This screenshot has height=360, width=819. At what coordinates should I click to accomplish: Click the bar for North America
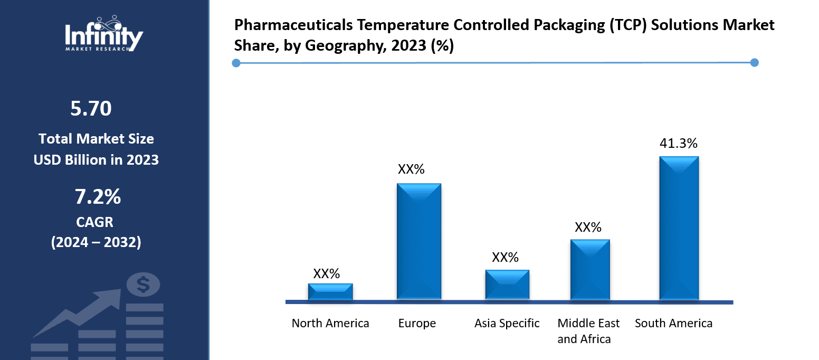click(330, 292)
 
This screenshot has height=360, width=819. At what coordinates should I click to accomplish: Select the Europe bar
click(418, 242)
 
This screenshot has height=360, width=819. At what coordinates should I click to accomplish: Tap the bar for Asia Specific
click(507, 285)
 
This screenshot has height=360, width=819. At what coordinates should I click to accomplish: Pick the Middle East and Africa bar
click(589, 270)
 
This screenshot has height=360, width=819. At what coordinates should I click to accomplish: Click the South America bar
click(679, 228)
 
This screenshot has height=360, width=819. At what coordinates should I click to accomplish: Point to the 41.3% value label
click(679, 144)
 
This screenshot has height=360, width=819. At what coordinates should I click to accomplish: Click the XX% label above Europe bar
click(411, 169)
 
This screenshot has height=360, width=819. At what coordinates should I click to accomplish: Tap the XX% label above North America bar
click(327, 273)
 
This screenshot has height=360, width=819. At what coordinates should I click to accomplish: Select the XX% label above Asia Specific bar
click(505, 257)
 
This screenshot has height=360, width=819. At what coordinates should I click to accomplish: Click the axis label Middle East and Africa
click(588, 331)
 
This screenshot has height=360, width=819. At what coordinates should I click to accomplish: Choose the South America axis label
click(673, 323)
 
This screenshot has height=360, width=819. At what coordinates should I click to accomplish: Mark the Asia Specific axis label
click(507, 323)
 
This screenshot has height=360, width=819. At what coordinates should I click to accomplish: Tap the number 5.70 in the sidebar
click(91, 109)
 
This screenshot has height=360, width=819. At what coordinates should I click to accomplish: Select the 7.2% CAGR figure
click(98, 197)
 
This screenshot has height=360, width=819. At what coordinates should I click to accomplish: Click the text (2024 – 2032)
click(96, 242)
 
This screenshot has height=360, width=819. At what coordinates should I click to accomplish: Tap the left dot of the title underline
click(236, 63)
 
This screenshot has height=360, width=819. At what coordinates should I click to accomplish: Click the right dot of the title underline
click(754, 62)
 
